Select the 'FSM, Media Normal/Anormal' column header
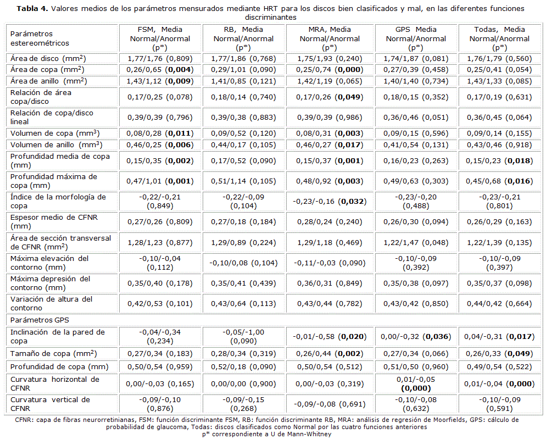(160, 38)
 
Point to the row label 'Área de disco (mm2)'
(48, 58)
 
